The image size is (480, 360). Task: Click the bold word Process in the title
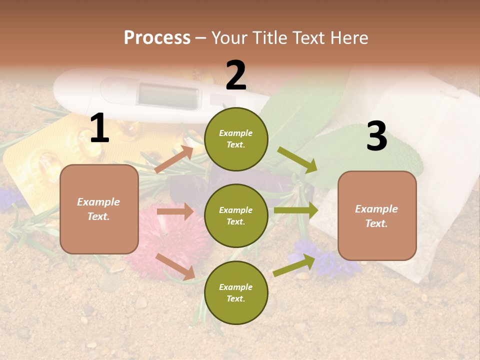157,37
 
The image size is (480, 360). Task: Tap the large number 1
99,128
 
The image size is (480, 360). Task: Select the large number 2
236,75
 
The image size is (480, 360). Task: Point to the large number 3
376,136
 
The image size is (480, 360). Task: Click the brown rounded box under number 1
99,209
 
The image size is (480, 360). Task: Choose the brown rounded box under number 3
377,215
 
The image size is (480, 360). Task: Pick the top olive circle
236,139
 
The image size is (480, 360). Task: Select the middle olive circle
236,215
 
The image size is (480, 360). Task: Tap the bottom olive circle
236,292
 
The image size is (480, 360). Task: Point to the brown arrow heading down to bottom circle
175,266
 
